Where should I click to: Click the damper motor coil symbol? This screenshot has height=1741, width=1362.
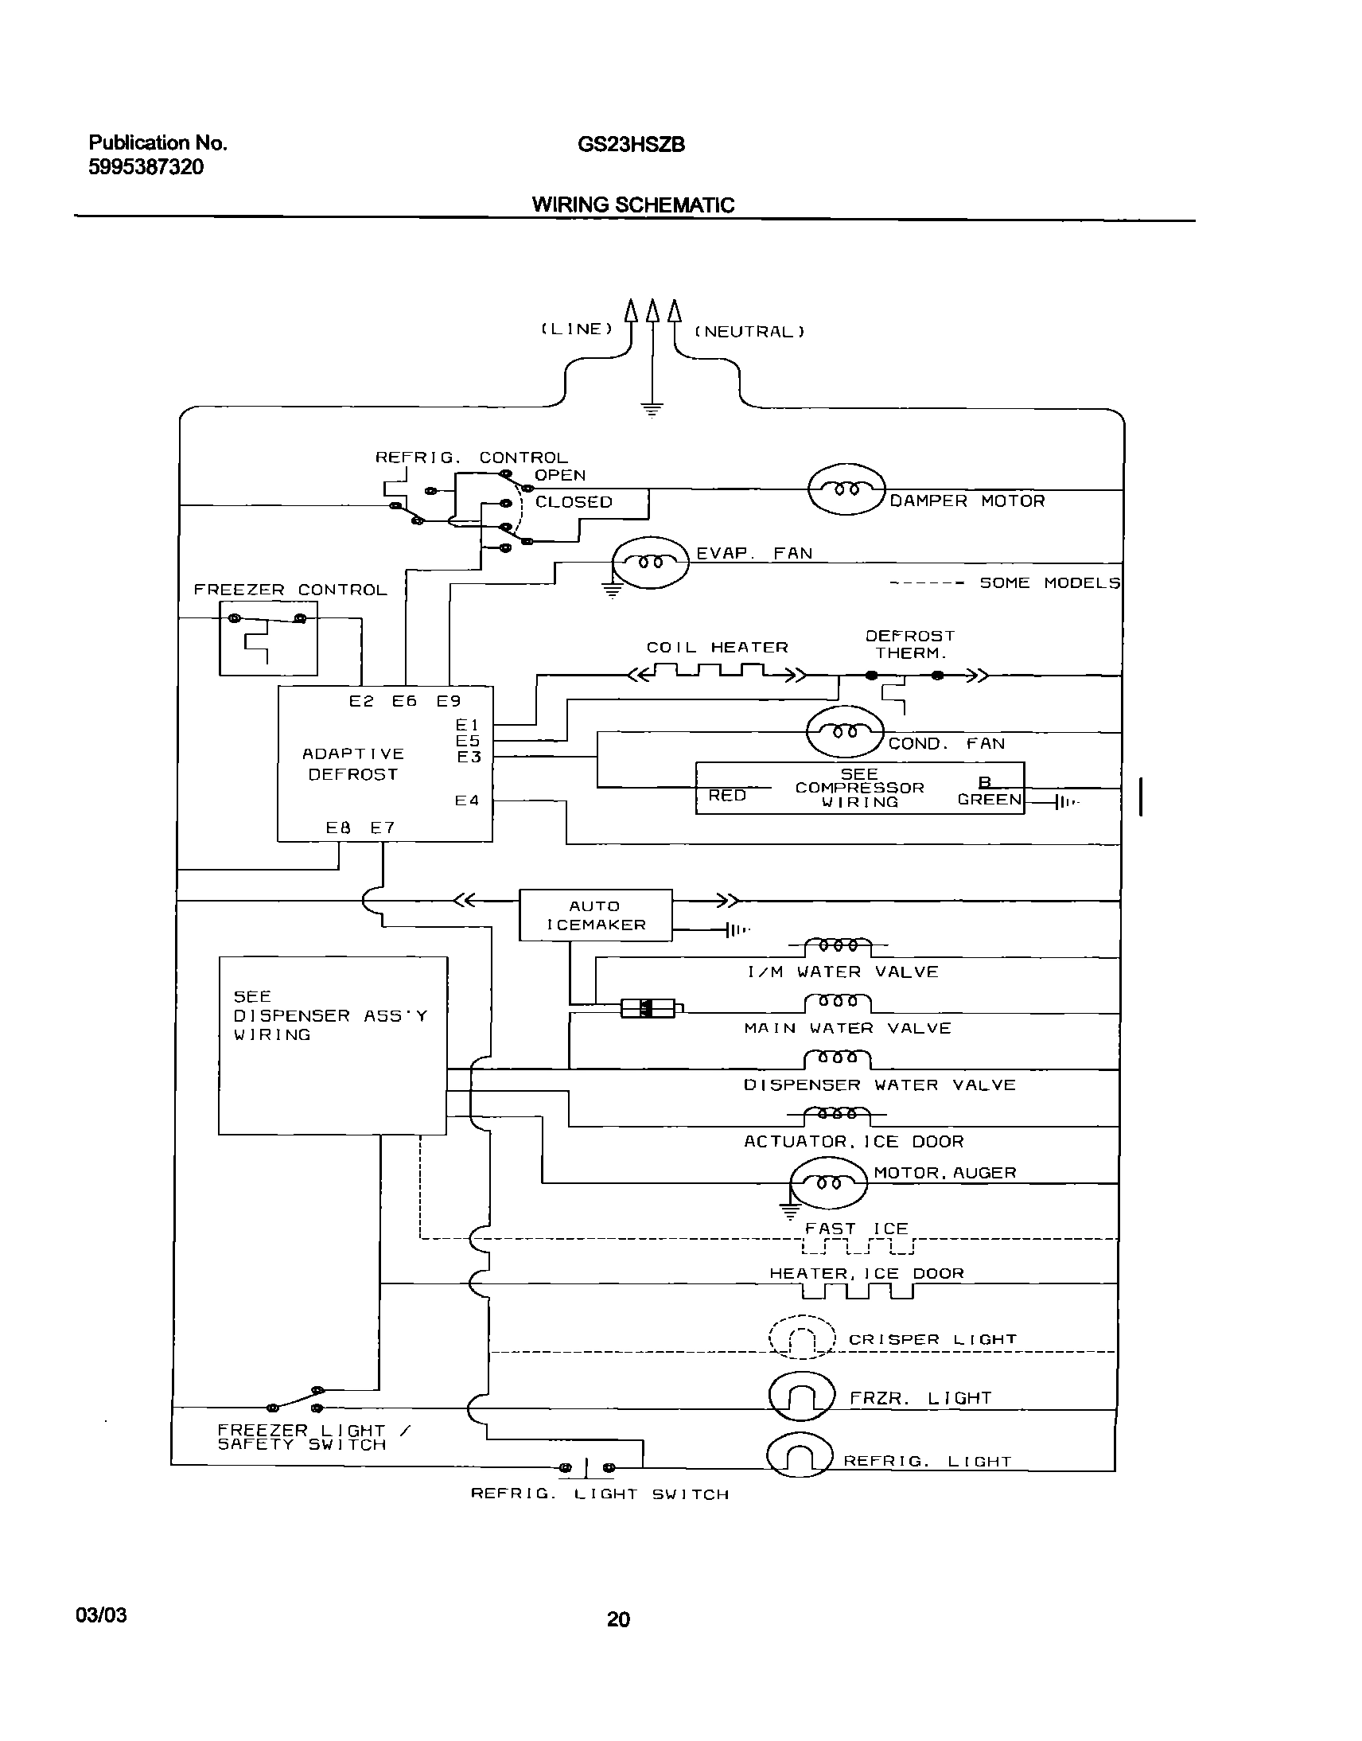coord(846,489)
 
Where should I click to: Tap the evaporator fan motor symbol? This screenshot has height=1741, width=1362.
coord(650,563)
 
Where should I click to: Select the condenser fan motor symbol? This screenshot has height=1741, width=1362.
coord(844,731)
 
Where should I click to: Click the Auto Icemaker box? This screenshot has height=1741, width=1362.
coord(595,915)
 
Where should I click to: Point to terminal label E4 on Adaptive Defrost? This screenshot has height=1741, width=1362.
coord(466,800)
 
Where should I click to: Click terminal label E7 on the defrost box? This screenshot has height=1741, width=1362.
coord(382,828)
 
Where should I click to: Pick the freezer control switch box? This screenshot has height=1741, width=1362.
coord(268,638)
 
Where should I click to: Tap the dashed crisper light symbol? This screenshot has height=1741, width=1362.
coord(801,1336)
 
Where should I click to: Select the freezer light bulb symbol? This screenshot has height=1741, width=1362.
coord(801,1396)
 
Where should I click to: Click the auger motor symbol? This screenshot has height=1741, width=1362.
coord(827,1182)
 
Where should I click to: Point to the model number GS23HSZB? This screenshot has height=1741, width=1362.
coord(631,145)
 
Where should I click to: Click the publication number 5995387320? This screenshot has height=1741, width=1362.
coord(146,166)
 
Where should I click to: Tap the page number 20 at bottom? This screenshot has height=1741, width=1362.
coord(618,1619)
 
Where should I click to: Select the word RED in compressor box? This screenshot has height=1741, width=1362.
coord(726,795)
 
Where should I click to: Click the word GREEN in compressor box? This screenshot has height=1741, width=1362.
coord(989,799)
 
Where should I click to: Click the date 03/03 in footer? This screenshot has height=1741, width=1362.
coord(101,1615)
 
